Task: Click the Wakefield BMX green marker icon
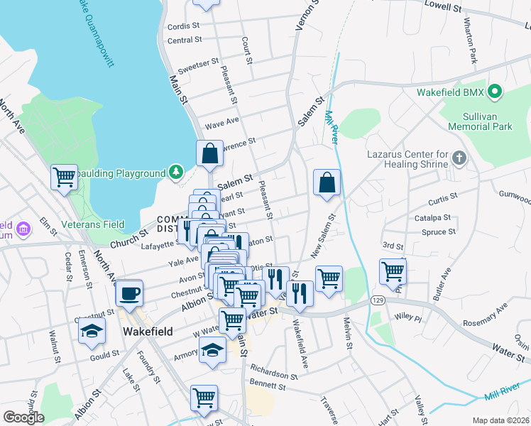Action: pyautogui.click(x=496, y=92)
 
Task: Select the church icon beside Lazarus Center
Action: pyautogui.click(x=459, y=158)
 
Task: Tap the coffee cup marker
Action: pyautogui.click(x=129, y=293)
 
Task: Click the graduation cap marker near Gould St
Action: pyautogui.click(x=92, y=332)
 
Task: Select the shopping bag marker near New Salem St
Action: pyautogui.click(x=326, y=182)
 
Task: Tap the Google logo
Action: pyautogui.click(x=23, y=417)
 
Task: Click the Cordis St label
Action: pyautogui.click(x=180, y=27)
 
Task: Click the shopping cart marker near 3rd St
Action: pyautogui.click(x=393, y=271)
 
